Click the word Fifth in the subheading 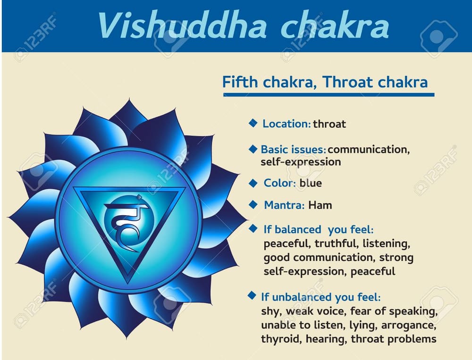(240, 82)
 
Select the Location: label (287, 124)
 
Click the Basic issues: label (293, 150)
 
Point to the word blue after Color (311, 183)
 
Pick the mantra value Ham (320, 205)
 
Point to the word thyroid (281, 339)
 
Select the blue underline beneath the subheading (328, 95)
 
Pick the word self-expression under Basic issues (301, 162)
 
